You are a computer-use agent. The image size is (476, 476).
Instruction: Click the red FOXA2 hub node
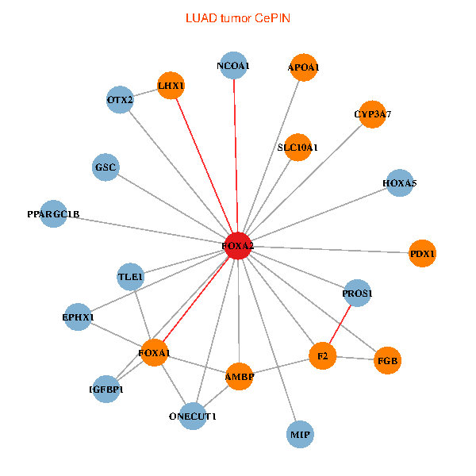tap(239, 246)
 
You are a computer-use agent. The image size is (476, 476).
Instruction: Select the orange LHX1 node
tap(171, 86)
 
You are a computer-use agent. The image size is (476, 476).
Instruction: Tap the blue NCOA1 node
tap(233, 66)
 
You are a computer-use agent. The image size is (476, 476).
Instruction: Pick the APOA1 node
tap(303, 67)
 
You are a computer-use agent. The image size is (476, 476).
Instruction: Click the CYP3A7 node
tap(372, 114)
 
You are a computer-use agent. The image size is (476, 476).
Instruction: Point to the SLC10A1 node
tap(297, 147)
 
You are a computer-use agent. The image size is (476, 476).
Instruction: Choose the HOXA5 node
tap(399, 183)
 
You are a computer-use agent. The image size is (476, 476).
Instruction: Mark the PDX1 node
tap(423, 253)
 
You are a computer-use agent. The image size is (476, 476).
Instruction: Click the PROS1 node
tap(357, 294)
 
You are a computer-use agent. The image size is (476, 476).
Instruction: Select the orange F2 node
tap(322, 356)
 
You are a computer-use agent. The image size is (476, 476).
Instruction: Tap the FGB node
tap(388, 361)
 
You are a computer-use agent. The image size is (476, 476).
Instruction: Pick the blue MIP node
tap(300, 435)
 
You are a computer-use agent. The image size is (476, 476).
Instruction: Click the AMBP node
tap(239, 377)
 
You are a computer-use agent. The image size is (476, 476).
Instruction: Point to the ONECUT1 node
tap(193, 416)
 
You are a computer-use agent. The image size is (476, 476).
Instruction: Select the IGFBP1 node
tap(106, 390)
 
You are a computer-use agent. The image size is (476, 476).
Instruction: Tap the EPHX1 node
tap(78, 317)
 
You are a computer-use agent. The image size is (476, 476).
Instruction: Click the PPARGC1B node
tap(53, 214)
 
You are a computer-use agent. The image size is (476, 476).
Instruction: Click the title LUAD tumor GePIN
tap(237, 17)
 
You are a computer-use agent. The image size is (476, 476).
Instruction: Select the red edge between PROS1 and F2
tap(340, 325)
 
